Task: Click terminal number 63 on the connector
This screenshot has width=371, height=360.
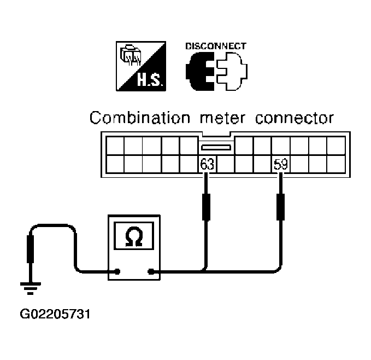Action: tap(207, 164)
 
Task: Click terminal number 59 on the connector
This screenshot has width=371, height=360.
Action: tap(281, 164)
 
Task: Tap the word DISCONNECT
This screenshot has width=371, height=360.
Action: tap(216, 46)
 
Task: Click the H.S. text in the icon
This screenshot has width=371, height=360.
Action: tap(150, 80)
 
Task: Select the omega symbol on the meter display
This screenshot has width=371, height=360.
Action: tap(134, 236)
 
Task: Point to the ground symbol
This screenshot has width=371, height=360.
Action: tap(31, 288)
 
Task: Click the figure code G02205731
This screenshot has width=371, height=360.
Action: tap(55, 314)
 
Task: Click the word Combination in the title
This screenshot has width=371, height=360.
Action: tap(140, 118)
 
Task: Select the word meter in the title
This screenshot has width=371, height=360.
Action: tap(222, 118)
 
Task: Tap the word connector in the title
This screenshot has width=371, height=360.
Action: tap(295, 118)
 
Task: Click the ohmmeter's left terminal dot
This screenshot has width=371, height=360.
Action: tap(117, 271)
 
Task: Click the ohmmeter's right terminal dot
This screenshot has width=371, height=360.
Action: tap(151, 271)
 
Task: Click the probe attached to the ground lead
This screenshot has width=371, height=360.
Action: tap(30, 249)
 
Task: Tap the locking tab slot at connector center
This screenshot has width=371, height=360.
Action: tap(216, 148)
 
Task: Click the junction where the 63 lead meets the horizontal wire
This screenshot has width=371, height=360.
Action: tap(205, 270)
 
